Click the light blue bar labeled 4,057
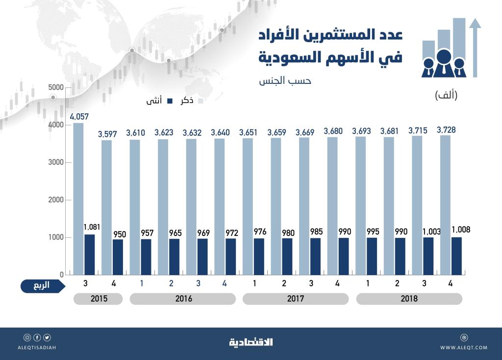78,199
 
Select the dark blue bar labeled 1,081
90,255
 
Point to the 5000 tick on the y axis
56,87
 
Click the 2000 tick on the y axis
56,200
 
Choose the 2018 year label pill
409,299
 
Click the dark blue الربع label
42,285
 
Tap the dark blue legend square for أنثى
170,101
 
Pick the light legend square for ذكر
200,101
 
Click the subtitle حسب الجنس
285,81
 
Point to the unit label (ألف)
446,96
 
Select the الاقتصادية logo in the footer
251,342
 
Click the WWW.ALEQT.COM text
463,348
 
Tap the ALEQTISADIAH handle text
37,348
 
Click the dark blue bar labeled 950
118,257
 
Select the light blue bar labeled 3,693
361,206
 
